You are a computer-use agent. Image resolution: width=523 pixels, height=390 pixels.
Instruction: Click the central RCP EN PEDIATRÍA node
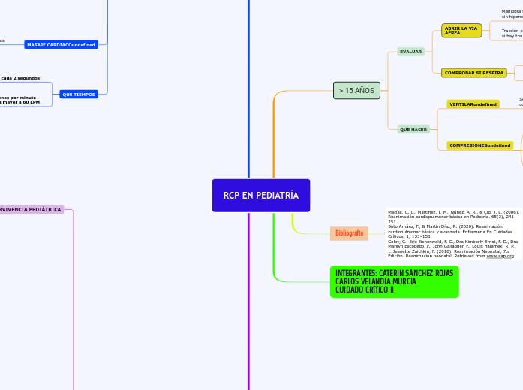[260, 196]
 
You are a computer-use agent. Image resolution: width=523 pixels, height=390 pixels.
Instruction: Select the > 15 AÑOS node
[356, 90]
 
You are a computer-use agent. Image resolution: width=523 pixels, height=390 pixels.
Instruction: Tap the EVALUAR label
[410, 52]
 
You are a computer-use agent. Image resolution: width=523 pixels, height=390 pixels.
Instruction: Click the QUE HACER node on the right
[413, 130]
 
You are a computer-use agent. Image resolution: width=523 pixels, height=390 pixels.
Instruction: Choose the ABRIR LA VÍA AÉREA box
[461, 30]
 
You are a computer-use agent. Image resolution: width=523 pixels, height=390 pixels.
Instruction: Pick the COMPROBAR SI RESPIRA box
[473, 73]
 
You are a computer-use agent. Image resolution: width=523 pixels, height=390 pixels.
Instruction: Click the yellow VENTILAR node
[473, 104]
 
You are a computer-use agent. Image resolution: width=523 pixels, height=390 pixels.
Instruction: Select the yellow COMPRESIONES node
[479, 145]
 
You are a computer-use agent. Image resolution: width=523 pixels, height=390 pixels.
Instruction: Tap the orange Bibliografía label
[349, 233]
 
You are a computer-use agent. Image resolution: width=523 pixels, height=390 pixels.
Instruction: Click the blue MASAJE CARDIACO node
[61, 45]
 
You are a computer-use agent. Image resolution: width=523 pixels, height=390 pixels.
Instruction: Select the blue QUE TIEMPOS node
[79, 94]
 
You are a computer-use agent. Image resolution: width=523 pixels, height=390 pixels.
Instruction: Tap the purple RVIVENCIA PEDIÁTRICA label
[32, 210]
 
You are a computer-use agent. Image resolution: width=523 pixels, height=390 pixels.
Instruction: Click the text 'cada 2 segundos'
[20, 78]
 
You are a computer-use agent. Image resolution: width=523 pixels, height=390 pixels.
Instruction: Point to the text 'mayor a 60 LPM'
[20, 102]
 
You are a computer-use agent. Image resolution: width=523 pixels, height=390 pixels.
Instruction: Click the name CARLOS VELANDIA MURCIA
[375, 281]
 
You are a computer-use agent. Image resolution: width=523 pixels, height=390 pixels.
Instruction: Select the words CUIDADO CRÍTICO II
[364, 289]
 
